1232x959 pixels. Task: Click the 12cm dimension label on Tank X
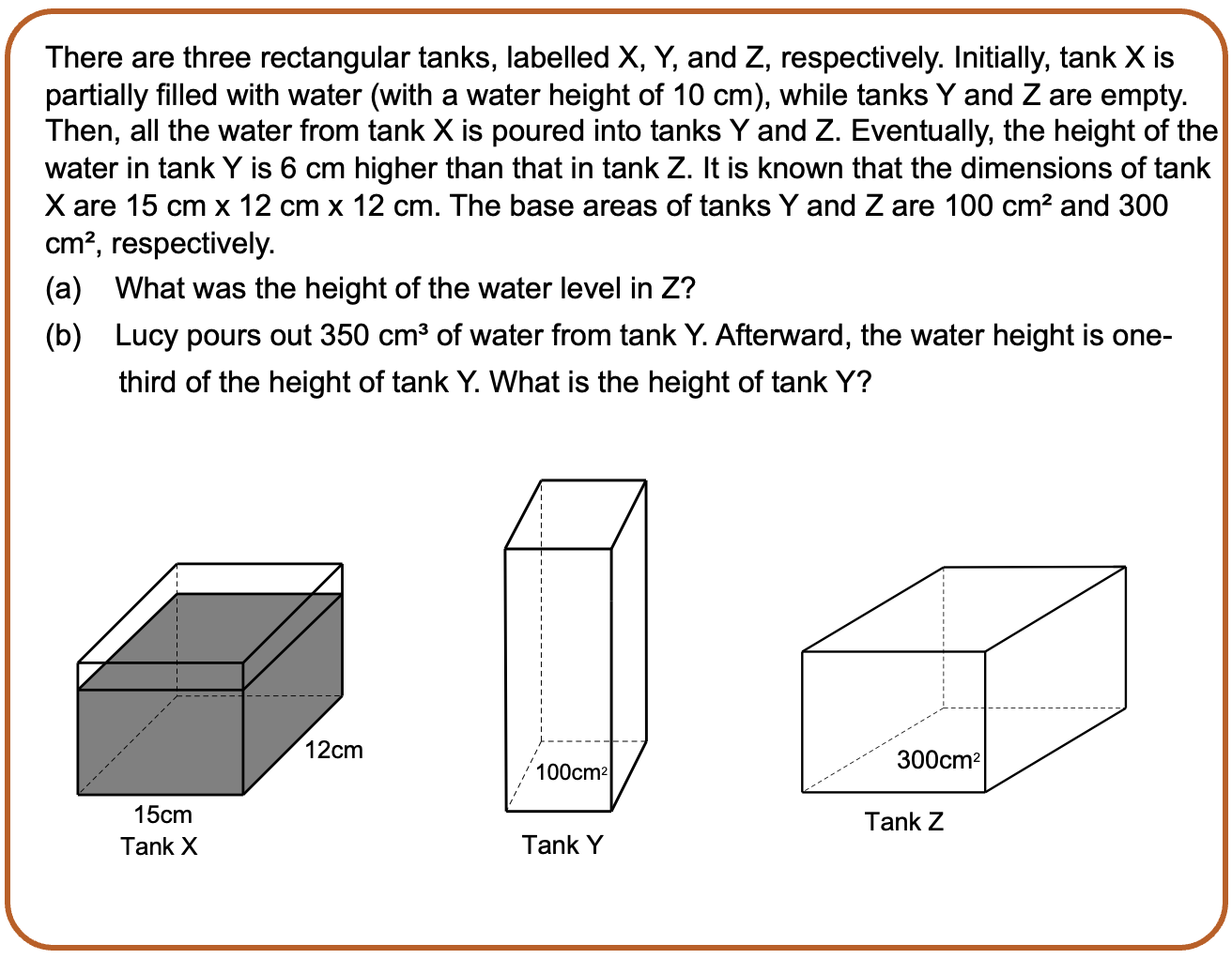333,750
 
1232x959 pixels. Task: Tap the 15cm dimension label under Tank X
162,814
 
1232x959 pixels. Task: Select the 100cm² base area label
572,772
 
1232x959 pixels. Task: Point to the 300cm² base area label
938,760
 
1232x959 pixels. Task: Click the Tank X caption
159,846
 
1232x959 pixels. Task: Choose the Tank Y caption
562,845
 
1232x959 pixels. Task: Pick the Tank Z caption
903,821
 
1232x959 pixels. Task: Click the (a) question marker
64,288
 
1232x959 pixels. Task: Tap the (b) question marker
64,335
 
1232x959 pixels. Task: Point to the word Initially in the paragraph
1001,58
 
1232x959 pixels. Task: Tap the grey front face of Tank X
161,742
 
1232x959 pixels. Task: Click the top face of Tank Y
576,514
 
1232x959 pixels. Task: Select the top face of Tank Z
963,609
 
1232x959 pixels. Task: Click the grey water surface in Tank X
209,642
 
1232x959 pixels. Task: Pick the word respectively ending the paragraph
192,245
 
